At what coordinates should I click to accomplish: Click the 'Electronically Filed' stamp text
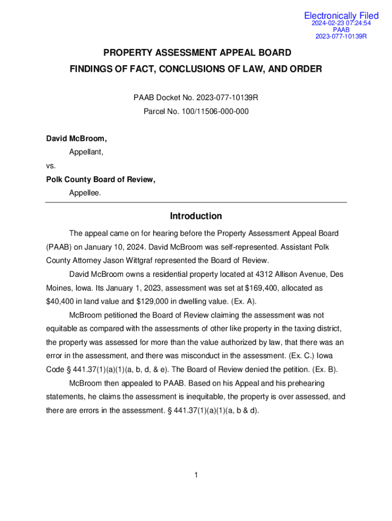341,16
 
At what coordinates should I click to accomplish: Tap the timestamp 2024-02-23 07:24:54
341,23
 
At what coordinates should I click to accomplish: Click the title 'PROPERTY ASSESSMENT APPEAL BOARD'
198,53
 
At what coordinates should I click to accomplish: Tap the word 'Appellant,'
87,152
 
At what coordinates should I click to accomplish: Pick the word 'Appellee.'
85,193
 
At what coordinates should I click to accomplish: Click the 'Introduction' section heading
196,216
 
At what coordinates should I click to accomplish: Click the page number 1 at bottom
196,475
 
